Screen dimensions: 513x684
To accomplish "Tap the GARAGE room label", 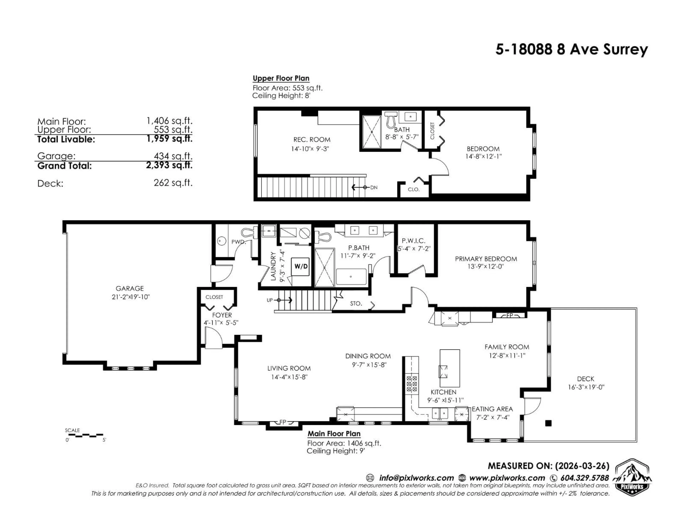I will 129,289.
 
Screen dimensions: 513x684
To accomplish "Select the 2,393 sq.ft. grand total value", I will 169,165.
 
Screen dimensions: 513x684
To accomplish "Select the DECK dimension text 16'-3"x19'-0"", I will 586,387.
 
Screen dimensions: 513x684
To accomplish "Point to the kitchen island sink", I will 443,372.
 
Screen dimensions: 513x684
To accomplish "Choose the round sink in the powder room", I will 221,241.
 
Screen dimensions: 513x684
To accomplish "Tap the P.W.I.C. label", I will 413,241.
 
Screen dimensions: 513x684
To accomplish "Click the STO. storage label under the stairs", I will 356,304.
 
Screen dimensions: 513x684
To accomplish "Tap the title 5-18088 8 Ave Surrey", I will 571,50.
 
